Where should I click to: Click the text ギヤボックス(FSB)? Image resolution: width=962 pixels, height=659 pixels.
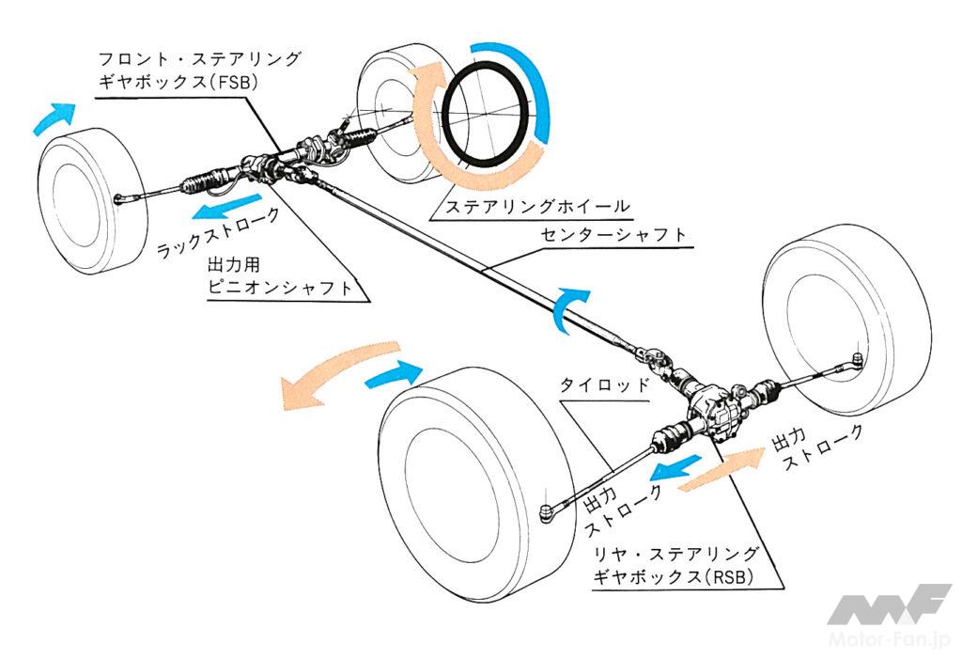178,83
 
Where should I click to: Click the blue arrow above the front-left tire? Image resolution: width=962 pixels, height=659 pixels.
54,117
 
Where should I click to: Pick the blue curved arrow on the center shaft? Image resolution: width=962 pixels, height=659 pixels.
569,306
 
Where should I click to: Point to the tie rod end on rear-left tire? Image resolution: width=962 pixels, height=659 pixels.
550,512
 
